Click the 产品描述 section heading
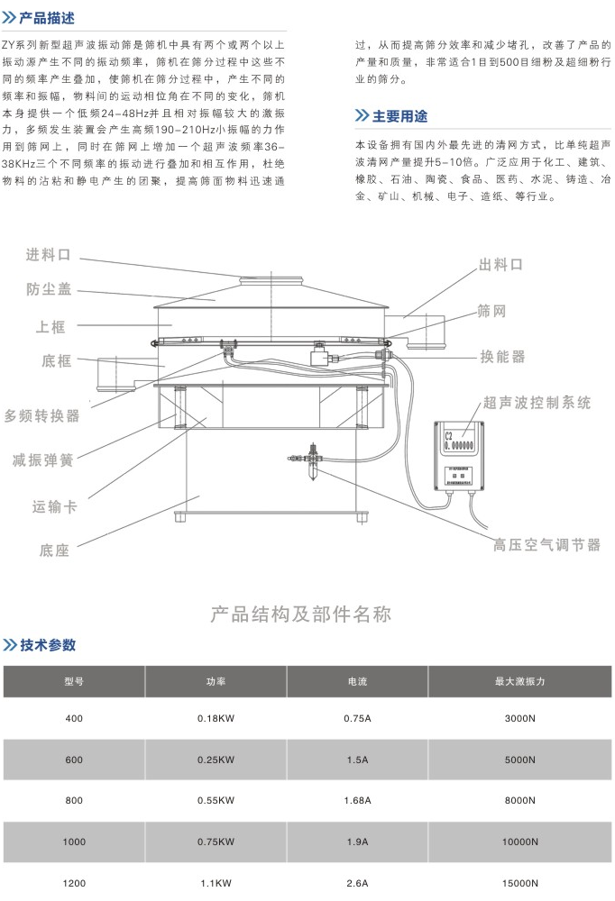50,18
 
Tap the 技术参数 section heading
49,645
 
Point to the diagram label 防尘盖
49,289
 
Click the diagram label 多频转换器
42,415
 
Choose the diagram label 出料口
500,265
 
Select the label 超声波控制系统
537,403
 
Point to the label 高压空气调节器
546,544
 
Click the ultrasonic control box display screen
460,441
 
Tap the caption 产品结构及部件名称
301,615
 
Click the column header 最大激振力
520,682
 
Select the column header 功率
216,682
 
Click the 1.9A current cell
357,842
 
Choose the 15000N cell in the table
520,884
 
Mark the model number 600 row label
74,760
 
